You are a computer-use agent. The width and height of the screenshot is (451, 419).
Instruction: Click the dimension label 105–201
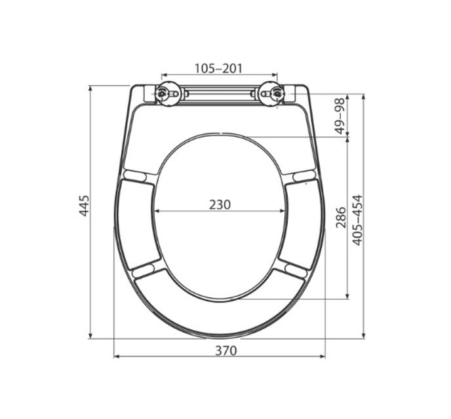point(219,67)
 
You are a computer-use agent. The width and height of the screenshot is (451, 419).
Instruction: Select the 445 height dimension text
point(84,206)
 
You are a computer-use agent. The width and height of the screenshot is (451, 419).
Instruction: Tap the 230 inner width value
point(220,204)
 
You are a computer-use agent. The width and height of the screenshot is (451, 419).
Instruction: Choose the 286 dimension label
point(341,217)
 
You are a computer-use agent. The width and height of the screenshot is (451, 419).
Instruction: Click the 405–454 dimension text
point(358,219)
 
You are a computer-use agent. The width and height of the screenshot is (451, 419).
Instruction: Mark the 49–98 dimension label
point(340,116)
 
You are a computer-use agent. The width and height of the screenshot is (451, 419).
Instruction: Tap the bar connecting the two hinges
point(218,94)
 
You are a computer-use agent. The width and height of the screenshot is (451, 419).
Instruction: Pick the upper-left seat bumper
point(135,175)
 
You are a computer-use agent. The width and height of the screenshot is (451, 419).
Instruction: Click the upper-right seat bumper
point(304,175)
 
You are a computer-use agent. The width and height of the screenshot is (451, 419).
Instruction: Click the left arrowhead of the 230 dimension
point(157,211)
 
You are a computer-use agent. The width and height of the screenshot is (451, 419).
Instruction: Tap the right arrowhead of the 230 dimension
point(284,211)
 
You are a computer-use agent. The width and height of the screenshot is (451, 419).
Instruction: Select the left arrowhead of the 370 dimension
point(117,357)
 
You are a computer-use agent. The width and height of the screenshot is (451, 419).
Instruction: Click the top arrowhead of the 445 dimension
point(90,88)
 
